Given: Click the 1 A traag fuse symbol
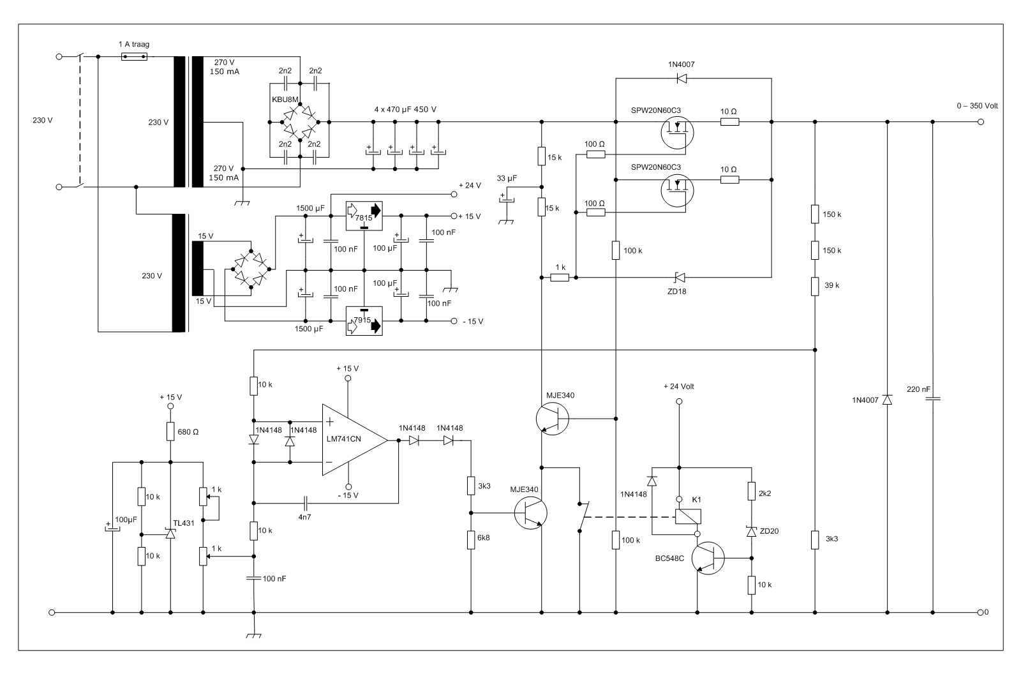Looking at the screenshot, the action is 134,57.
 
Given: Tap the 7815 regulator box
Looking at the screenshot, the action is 364,216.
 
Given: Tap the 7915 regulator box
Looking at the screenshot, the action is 364,321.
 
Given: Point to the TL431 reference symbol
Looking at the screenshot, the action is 170,534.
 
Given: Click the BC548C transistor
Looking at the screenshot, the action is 708,558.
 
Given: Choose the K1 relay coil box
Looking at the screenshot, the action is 688,516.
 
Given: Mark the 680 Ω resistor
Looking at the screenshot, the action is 170,431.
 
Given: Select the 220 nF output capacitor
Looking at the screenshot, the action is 932,399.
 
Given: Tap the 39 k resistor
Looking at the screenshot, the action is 815,286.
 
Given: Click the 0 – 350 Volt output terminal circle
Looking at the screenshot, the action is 981,122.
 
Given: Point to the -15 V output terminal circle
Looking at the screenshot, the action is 454,322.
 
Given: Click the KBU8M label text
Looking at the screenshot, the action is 285,100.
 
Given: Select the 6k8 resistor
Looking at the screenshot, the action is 471,540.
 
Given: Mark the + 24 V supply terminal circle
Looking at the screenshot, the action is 454,194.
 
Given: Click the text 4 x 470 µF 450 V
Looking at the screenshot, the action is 405,109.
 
